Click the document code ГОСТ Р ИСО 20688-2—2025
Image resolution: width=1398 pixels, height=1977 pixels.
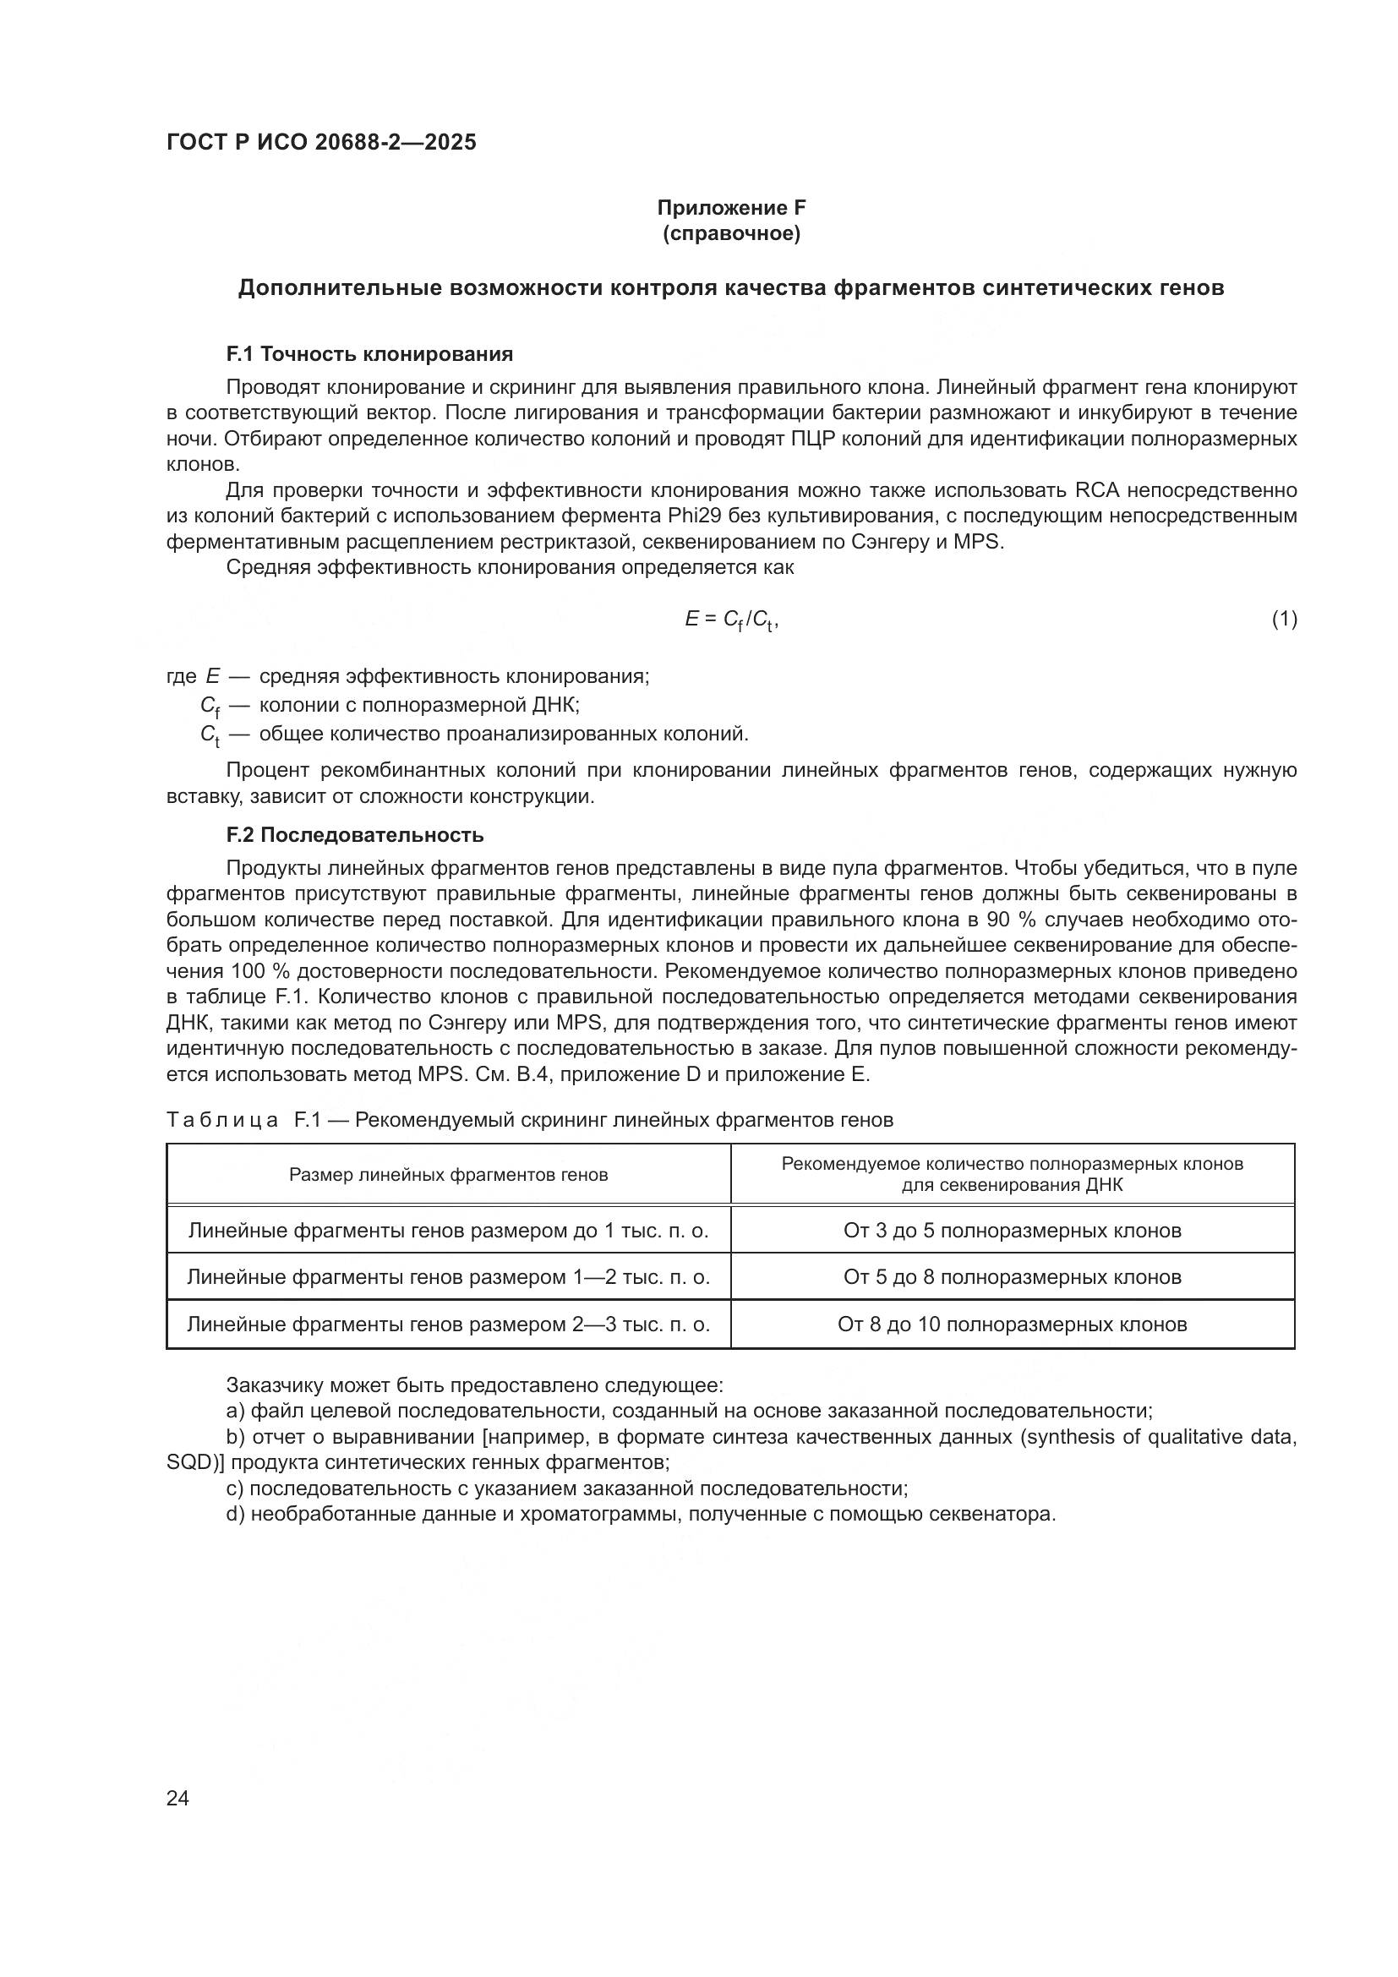[321, 143]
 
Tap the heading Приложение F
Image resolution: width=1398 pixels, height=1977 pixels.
[731, 208]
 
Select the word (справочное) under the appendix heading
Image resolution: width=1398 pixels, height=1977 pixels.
[731, 234]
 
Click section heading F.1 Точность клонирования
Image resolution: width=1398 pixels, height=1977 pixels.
[369, 354]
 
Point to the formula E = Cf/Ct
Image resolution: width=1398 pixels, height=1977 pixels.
[731, 619]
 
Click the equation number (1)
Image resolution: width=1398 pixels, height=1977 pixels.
[1284, 619]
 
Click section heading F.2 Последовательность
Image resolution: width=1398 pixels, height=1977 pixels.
[355, 835]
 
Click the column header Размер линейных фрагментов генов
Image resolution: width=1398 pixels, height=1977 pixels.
[448, 1176]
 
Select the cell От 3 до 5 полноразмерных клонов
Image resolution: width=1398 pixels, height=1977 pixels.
[1013, 1231]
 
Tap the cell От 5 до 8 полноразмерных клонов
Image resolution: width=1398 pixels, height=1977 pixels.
[1013, 1277]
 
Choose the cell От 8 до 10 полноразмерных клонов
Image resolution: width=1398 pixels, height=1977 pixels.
[1013, 1324]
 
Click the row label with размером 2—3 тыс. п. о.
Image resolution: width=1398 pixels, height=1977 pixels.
[448, 1324]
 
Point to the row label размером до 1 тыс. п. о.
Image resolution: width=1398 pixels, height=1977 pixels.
[448, 1231]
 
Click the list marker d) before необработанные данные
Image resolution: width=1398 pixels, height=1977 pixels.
[235, 1515]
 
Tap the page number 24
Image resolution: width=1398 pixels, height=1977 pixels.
[177, 1798]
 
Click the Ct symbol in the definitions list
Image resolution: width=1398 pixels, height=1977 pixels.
[209, 735]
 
